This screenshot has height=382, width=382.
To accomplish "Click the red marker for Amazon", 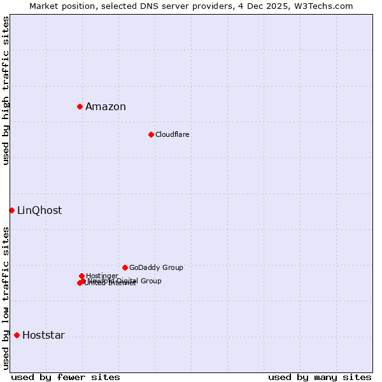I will (x=80, y=106).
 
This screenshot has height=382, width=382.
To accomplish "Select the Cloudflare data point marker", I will (x=151, y=134).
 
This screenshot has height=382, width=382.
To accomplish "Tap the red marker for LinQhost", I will (x=11, y=210).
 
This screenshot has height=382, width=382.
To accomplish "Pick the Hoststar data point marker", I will (x=17, y=335).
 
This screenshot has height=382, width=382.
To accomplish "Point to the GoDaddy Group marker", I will (x=125, y=267).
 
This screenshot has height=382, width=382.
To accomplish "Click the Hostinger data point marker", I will (x=81, y=276).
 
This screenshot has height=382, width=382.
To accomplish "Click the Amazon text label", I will (x=106, y=107).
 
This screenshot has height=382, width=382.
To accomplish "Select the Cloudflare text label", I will (x=173, y=135).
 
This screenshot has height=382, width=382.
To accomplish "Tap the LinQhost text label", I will (x=39, y=211).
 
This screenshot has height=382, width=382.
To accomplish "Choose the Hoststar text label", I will (x=43, y=336).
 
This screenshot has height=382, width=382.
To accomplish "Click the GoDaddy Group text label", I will (x=156, y=268).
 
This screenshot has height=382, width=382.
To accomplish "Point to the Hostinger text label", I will (x=102, y=276).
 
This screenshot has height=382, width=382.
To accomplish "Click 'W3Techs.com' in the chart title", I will (x=328, y=6).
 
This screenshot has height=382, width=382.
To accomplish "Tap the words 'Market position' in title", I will (x=59, y=6).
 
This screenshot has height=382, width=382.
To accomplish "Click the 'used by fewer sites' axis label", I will (x=66, y=377).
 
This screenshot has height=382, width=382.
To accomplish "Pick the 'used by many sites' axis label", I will (x=320, y=377).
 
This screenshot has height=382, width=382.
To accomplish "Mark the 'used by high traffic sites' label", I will (x=6, y=90).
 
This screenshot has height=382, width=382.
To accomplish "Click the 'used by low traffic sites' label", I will (x=6, y=298).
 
